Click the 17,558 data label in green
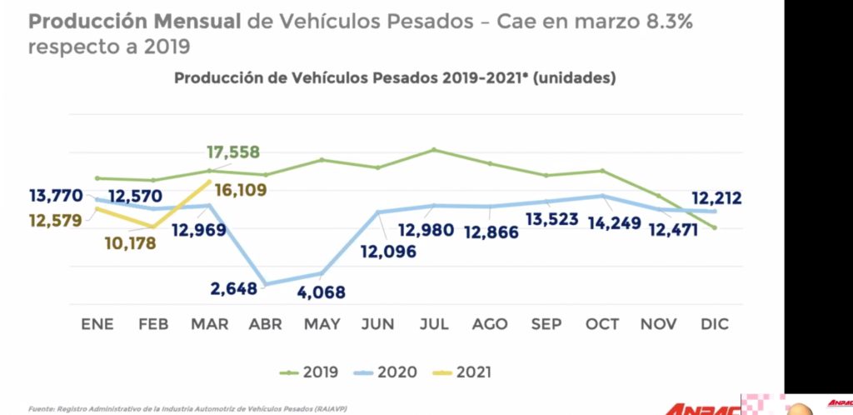tap(232, 152)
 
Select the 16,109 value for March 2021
tap(241, 190)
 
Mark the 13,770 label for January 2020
tap(55, 197)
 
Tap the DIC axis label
tap(714, 324)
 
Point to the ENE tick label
tap(97, 324)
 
